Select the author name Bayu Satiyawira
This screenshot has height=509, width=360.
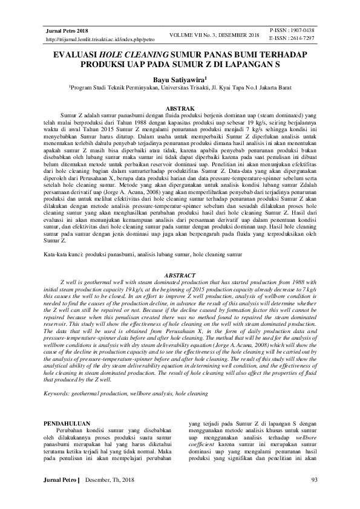point(178,79)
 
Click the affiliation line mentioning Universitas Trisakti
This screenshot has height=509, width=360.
point(180,88)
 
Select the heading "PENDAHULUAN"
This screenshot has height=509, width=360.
point(68,423)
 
